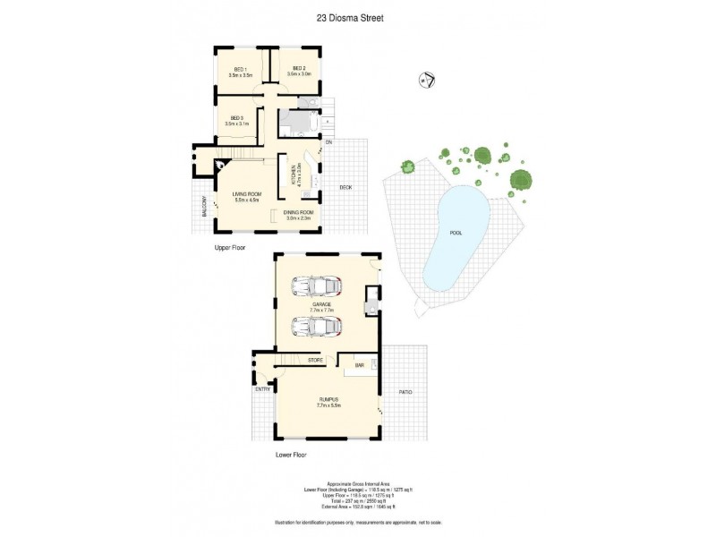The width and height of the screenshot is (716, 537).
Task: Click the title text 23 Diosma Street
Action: pos(357,16)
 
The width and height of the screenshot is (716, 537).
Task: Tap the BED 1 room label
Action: pos(240,69)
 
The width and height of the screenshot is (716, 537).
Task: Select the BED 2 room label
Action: pos(299,69)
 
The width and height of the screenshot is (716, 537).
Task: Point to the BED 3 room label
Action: pos(236,118)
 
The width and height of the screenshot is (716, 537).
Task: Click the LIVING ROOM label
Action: pos(246,193)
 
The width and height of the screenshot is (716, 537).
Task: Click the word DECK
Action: pos(345,187)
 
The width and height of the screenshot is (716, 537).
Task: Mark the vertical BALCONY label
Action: pos(204,207)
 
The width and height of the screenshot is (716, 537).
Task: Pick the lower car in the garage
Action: pos(317,327)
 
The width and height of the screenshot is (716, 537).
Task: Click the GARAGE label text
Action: pos(321,304)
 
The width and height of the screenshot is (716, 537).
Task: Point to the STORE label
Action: pos(315,360)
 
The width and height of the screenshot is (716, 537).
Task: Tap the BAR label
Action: pos(359,365)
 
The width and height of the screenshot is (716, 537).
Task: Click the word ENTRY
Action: pos(262,388)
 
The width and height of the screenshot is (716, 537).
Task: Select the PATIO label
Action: pos(405,392)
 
